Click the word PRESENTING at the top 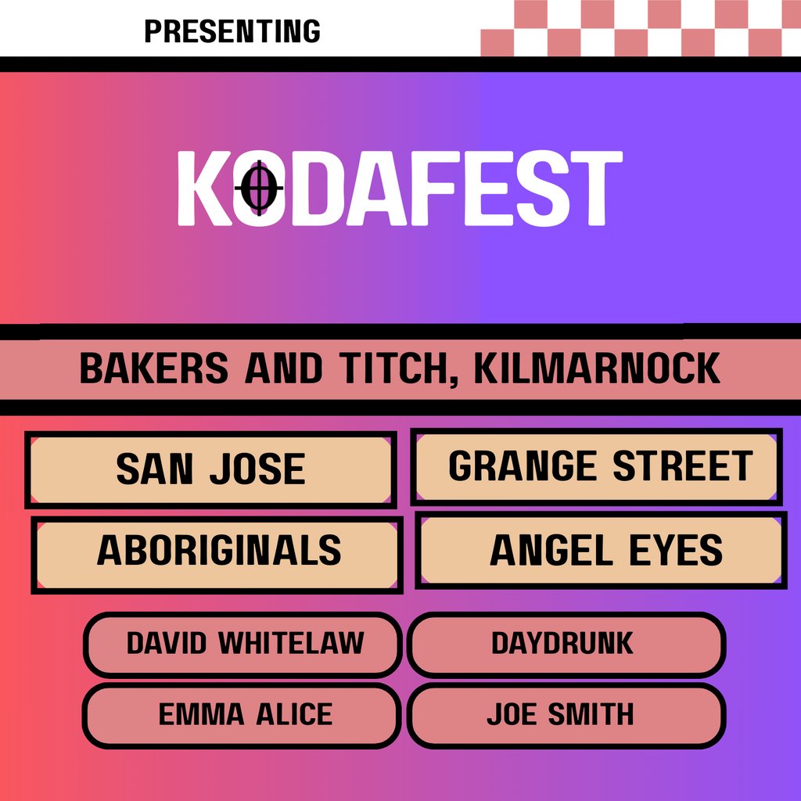(x=232, y=31)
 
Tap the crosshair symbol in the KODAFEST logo (x=259, y=188)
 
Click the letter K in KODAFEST (x=202, y=189)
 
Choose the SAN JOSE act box (x=210, y=469)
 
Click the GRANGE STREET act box (x=597, y=467)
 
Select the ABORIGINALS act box (x=217, y=551)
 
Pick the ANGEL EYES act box (x=601, y=550)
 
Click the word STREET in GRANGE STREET (x=681, y=467)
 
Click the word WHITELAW (x=291, y=644)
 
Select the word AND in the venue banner (x=282, y=369)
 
